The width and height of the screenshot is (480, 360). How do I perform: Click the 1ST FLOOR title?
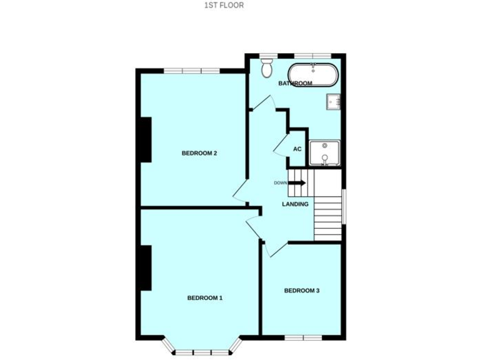224,6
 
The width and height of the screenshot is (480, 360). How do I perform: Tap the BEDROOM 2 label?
199,153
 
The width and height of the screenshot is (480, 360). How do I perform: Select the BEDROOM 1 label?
205,298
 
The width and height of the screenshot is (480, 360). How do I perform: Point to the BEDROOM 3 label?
302,291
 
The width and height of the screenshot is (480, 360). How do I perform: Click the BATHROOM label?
295,84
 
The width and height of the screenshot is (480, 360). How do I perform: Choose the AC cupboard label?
297,149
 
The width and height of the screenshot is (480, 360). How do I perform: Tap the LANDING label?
295,204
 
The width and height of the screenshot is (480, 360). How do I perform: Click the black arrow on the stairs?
297,182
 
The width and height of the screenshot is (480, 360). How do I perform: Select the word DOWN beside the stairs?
280,182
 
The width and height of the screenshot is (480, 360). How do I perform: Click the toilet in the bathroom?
268,67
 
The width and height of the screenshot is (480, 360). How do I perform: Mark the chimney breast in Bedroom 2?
146,139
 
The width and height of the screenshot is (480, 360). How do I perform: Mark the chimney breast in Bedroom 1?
146,267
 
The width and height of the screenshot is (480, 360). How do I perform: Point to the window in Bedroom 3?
303,337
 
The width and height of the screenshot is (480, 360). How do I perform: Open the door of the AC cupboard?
279,146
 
